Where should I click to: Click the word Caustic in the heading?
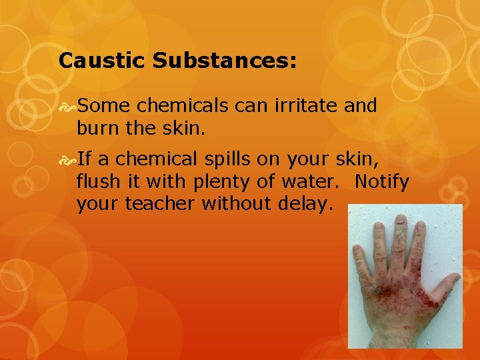101,61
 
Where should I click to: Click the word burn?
97,126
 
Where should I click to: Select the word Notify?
382,181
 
